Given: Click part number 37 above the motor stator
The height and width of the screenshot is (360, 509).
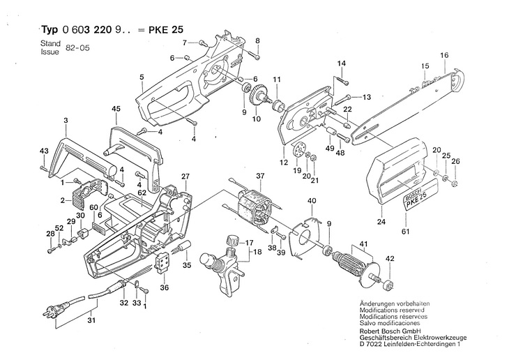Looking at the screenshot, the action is pyautogui.click(x=260, y=176).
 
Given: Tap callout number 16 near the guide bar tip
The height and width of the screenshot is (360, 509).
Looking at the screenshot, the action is pyautogui.click(x=444, y=55).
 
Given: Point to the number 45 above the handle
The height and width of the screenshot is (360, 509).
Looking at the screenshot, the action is pyautogui.click(x=116, y=109).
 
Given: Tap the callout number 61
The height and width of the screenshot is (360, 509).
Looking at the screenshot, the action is pyautogui.click(x=406, y=232).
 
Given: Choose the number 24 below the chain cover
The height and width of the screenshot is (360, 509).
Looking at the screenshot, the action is pyautogui.click(x=381, y=222).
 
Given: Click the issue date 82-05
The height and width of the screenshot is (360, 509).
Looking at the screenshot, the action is pyautogui.click(x=77, y=48).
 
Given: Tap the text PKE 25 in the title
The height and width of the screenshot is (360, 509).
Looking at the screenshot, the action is pyautogui.click(x=166, y=30).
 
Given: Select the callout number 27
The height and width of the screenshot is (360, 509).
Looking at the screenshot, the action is pyautogui.click(x=185, y=177).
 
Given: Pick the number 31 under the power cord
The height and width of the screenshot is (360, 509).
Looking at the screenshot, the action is pyautogui.click(x=92, y=320).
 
